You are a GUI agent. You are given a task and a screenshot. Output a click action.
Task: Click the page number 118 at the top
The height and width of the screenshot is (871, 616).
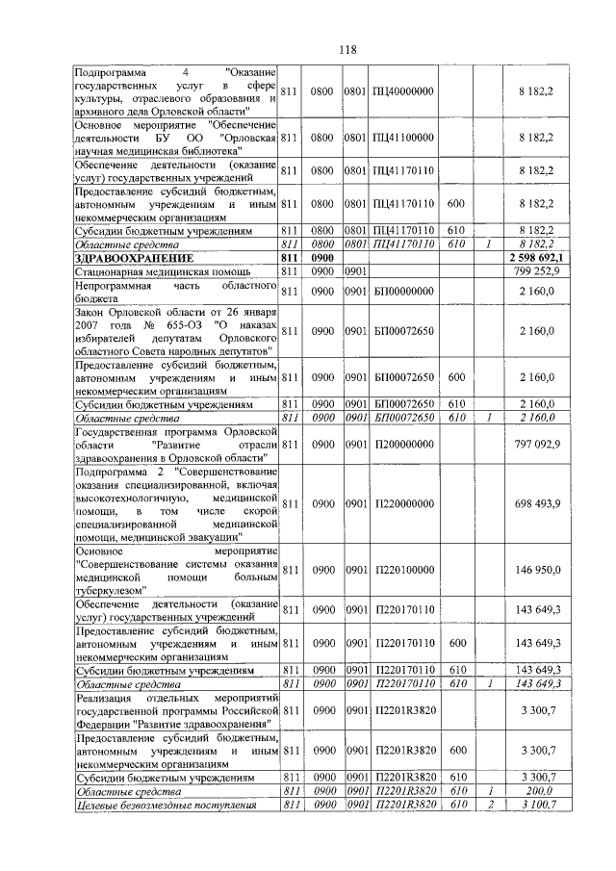[347, 50]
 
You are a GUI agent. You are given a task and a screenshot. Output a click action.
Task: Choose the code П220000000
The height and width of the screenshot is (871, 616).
[404, 503]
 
